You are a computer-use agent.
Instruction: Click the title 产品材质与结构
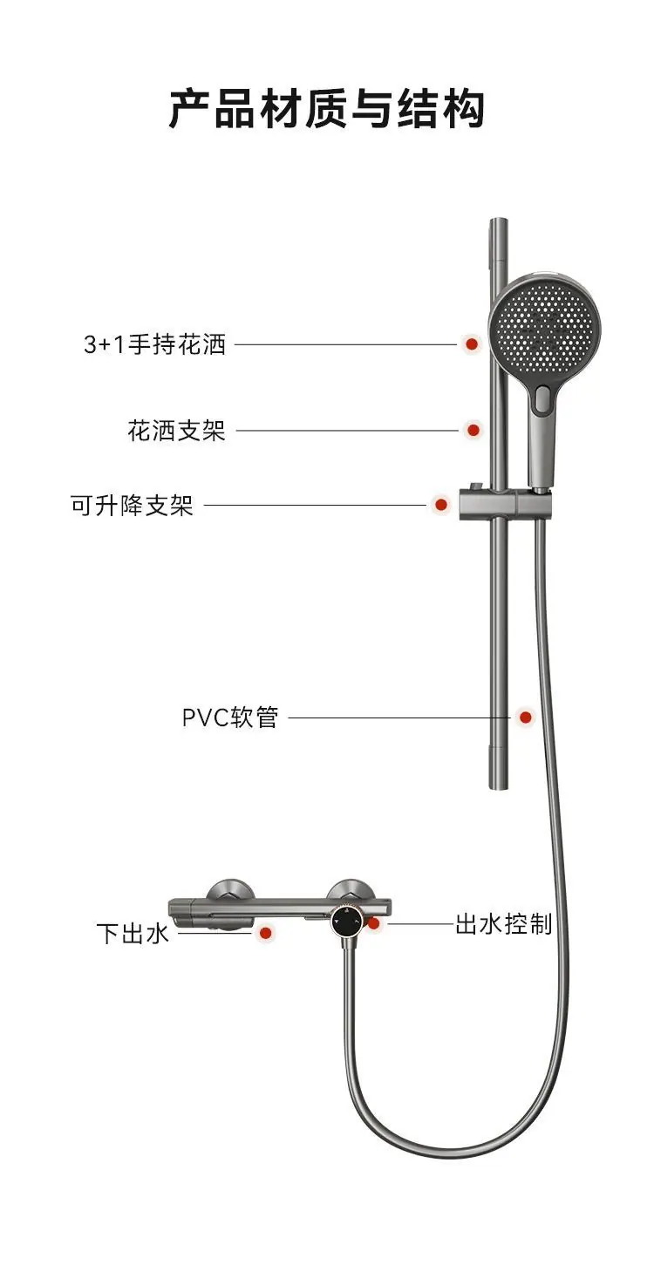327,108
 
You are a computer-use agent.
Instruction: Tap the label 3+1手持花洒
155,344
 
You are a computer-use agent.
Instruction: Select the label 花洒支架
177,431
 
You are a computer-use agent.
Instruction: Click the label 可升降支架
132,505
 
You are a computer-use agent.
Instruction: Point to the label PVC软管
230,718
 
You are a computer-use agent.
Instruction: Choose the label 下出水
133,933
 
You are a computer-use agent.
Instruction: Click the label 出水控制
503,924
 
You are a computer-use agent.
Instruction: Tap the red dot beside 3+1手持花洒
471,344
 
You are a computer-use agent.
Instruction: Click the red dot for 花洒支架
473,430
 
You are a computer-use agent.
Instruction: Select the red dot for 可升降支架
440,504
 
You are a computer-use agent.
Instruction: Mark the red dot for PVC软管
526,718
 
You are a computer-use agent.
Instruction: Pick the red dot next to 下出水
265,932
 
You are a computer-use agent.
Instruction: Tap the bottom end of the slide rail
499,788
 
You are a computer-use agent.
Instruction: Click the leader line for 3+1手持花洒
345,344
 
